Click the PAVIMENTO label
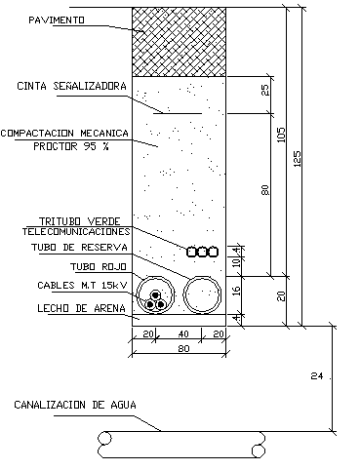tap(56, 19)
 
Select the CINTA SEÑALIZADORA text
tap(72, 86)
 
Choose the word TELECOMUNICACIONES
tap(76, 232)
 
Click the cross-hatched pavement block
tap(180, 42)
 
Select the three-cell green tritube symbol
tap(202, 252)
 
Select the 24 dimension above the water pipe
tap(315, 375)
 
